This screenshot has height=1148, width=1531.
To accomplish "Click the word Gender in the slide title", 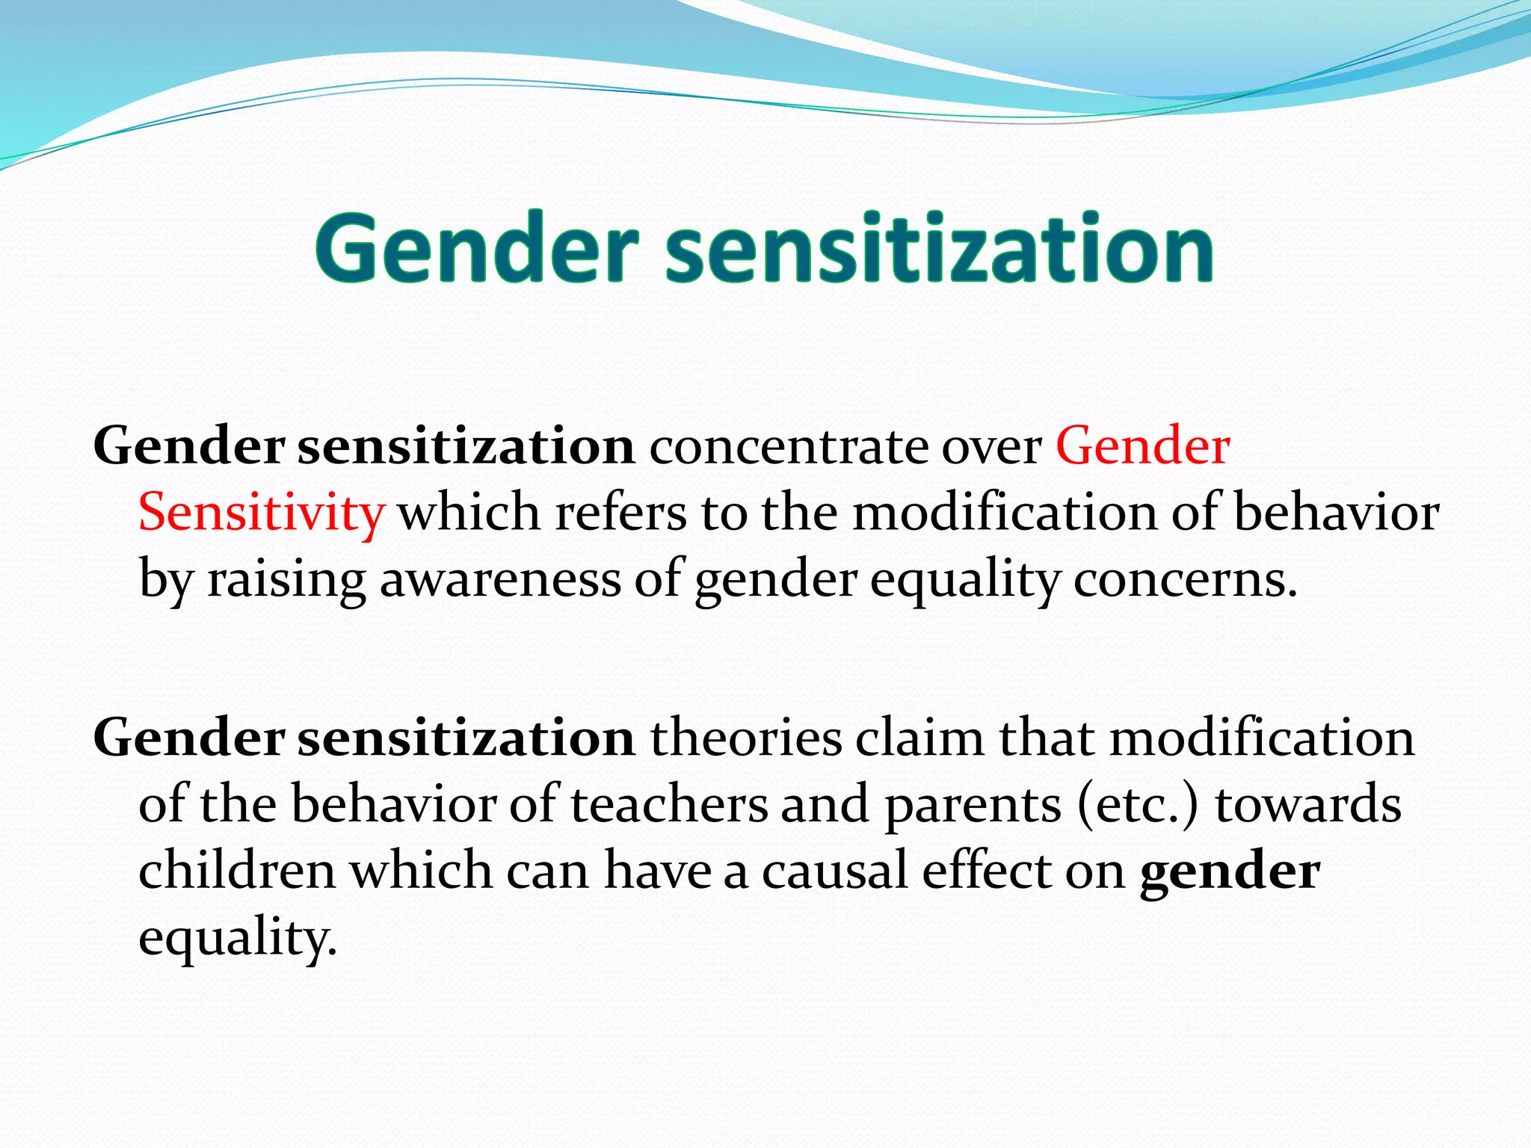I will click(477, 249).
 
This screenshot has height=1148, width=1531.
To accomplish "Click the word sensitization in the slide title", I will click(940, 249).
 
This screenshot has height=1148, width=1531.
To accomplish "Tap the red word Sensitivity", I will click(261, 514).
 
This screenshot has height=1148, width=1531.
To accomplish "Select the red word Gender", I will click(1142, 447).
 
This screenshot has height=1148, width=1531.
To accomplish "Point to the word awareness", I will click(500, 581).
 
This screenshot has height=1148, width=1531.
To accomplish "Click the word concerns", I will click(1185, 581).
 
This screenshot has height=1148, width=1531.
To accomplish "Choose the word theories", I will click(746, 738).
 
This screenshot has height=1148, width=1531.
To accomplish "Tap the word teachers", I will click(669, 806).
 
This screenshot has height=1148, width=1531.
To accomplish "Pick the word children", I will click(237, 871).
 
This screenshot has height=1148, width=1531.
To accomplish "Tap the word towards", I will click(1307, 806).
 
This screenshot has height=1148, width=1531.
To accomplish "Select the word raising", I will click(286, 581).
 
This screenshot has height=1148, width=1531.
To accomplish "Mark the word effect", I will click(986, 871).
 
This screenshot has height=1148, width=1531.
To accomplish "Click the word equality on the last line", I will click(237, 939).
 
